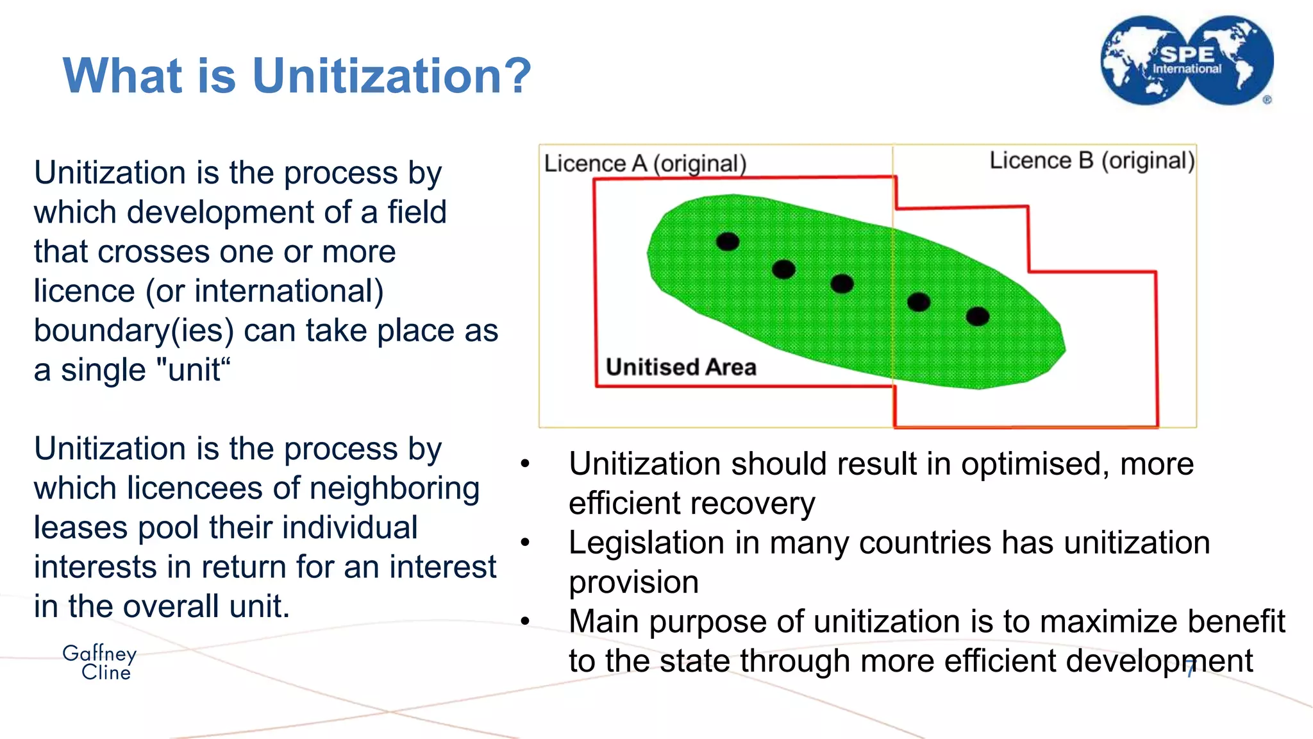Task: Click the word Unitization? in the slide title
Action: click(392, 76)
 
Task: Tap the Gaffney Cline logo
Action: click(99, 662)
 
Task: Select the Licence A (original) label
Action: click(645, 164)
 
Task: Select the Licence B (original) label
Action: click(1092, 160)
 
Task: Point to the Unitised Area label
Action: click(681, 367)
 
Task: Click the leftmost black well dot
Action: click(727, 242)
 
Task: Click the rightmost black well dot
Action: click(977, 316)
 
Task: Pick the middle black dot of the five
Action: click(842, 284)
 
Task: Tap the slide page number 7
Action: click(1190, 669)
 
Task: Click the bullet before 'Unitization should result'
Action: click(525, 464)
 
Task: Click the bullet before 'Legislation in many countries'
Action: click(525, 543)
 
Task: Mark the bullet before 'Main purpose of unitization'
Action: click(525, 622)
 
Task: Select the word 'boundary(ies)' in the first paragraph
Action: click(133, 331)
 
